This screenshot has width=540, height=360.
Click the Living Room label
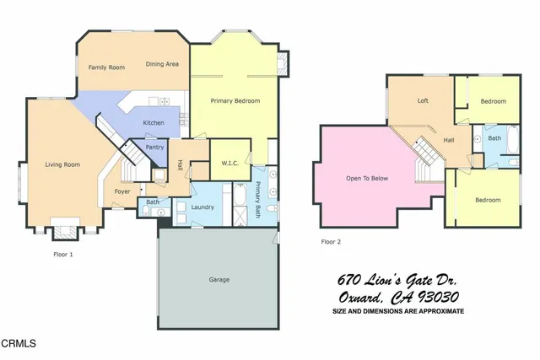point(62,164)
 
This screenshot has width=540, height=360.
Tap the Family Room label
point(106,67)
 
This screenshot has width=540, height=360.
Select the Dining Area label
point(162,64)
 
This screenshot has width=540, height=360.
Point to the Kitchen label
point(154,123)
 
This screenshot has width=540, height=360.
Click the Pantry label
point(154,148)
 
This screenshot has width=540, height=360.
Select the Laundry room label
point(202,207)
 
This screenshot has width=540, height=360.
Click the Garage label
point(219,279)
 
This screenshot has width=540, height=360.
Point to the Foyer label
point(122,191)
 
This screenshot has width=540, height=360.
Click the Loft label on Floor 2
point(423,100)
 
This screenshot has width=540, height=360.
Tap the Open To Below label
point(367,178)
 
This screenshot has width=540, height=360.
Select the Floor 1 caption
point(63,252)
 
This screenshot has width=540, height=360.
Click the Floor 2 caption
point(332,241)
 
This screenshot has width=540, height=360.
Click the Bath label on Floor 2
point(494,138)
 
